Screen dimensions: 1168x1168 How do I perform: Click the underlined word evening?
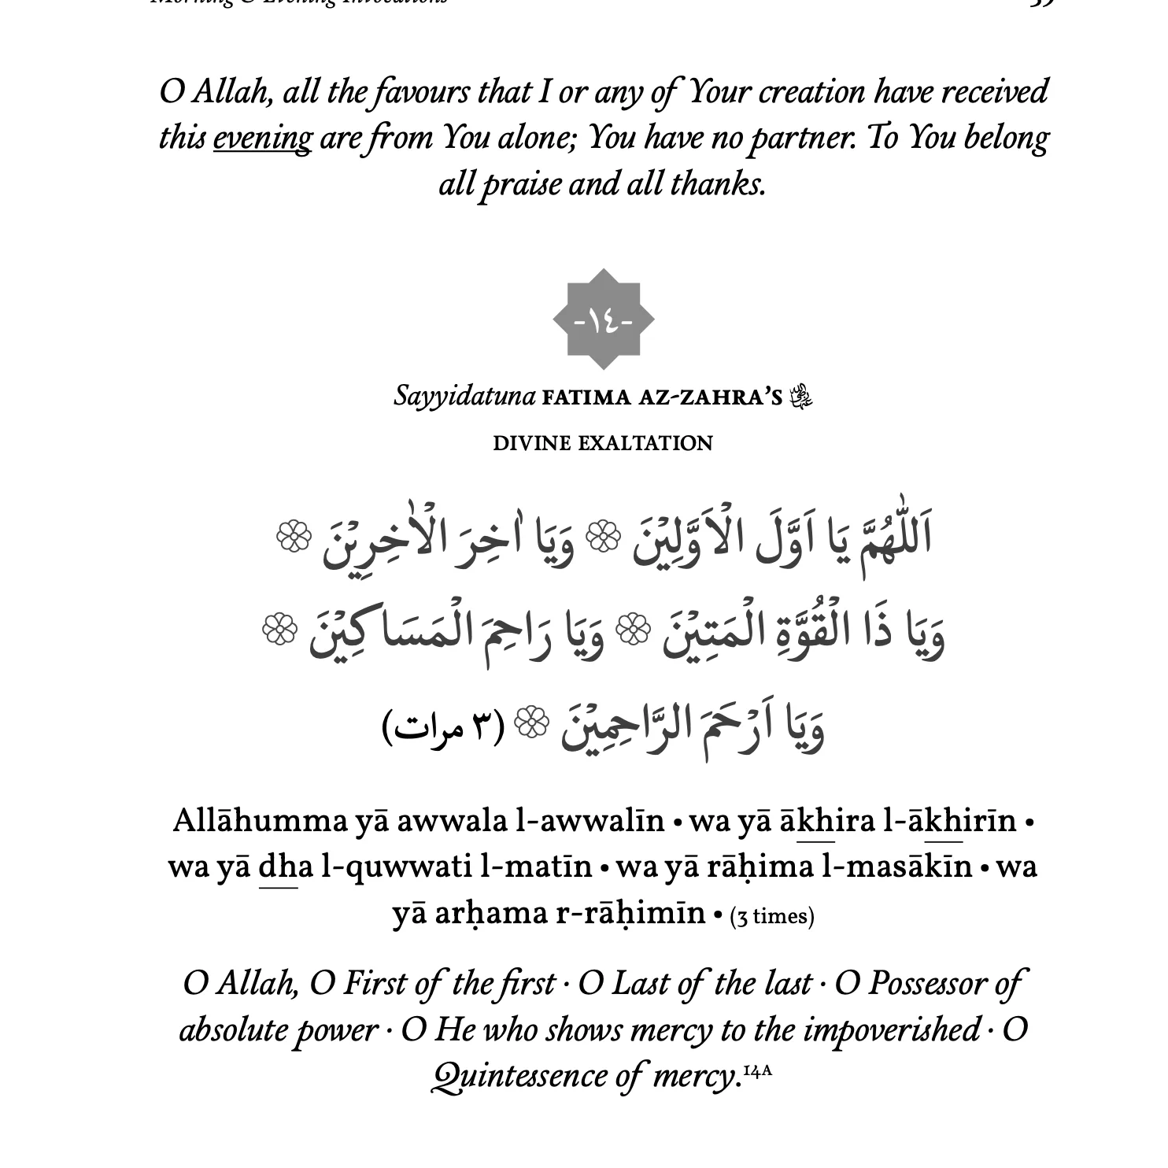(262, 139)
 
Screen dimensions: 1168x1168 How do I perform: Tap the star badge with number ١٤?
(604, 320)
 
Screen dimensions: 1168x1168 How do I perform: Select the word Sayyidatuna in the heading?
(464, 395)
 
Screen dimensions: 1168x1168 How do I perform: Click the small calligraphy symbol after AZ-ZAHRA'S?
(802, 395)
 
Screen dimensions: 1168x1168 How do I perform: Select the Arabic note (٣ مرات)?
(443, 726)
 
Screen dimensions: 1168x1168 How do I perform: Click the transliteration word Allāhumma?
(260, 821)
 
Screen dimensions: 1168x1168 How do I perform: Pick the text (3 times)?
(771, 916)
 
